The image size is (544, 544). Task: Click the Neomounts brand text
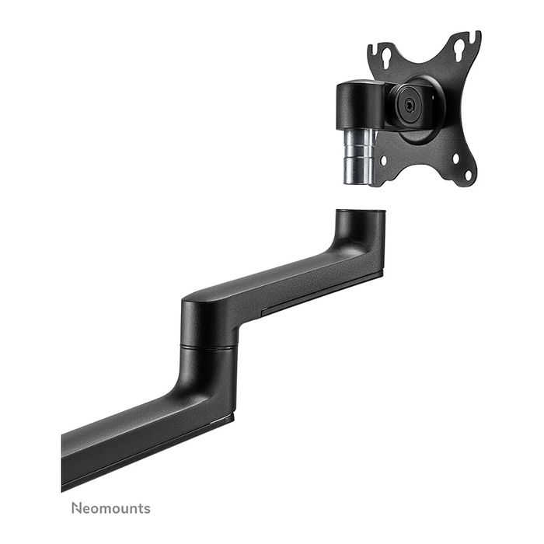[x=111, y=509]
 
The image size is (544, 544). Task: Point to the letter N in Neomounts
[x=76, y=509]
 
